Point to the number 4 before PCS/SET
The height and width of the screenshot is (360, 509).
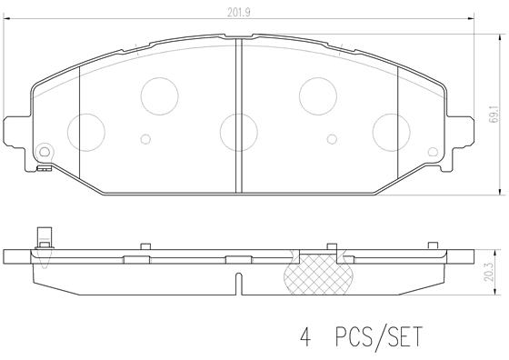point(305,336)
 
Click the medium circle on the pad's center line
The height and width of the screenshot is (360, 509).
point(238,128)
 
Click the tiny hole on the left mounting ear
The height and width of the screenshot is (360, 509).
point(45,150)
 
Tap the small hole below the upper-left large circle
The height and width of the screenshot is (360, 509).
point(145,139)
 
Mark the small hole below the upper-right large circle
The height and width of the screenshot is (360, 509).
point(332,139)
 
